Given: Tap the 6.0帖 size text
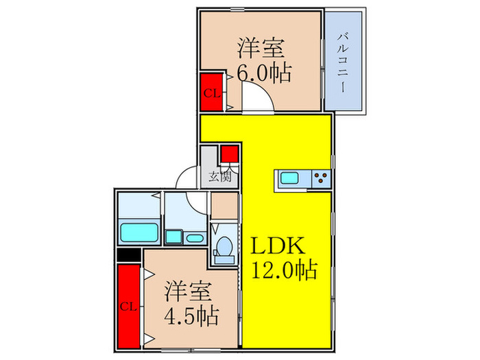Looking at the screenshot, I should (x=264, y=71).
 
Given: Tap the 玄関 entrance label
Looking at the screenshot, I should (x=219, y=176).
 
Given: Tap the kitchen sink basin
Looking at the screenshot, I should (x=289, y=180).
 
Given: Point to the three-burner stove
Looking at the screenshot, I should (x=320, y=180).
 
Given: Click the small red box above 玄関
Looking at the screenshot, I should (x=229, y=154).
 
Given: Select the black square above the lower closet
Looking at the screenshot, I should (x=127, y=255).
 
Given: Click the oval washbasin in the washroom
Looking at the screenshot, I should (x=195, y=238).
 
